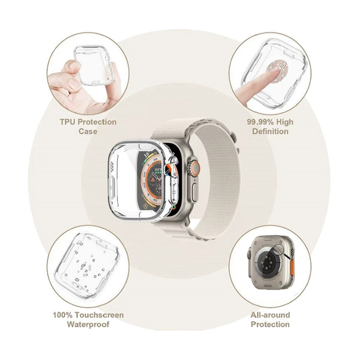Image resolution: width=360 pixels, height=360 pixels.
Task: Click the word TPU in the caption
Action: pyautogui.click(x=68, y=122)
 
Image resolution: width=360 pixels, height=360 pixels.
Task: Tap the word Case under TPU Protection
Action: pyautogui.click(x=88, y=131)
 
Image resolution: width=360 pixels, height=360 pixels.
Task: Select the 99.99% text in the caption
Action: pyautogui.click(x=260, y=122)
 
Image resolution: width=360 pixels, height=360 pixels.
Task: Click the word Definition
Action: pyautogui.click(x=270, y=131)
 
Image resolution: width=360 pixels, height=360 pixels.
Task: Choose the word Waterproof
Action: pyautogui.click(x=88, y=325)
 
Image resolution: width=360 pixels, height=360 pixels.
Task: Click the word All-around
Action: pyautogui.click(x=270, y=315)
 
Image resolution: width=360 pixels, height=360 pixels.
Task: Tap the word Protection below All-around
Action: pyautogui.click(x=270, y=325)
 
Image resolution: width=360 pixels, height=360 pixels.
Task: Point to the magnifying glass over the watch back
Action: pyautogui.click(x=280, y=250)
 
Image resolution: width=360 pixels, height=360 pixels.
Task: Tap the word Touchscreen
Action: pyautogui.click(x=99, y=315)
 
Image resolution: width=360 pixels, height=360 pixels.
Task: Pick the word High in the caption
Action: pyautogui.click(x=284, y=122)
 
